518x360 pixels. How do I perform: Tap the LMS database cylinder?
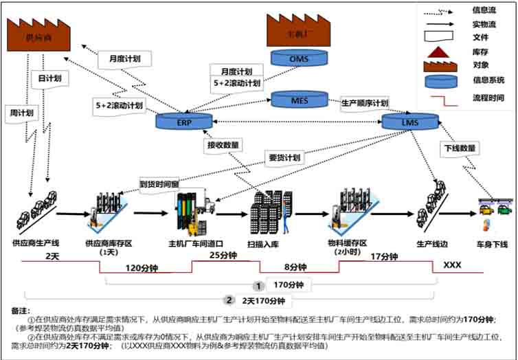coord(410,122)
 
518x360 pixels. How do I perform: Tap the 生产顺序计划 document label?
coord(364,103)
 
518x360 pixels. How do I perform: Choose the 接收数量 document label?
coord(223,145)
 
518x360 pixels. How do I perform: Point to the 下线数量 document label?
coord(459,148)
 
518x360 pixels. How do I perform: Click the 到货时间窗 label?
coord(159,183)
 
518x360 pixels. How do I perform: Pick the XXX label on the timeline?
coord(451,265)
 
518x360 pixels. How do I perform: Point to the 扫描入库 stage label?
coord(265,243)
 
